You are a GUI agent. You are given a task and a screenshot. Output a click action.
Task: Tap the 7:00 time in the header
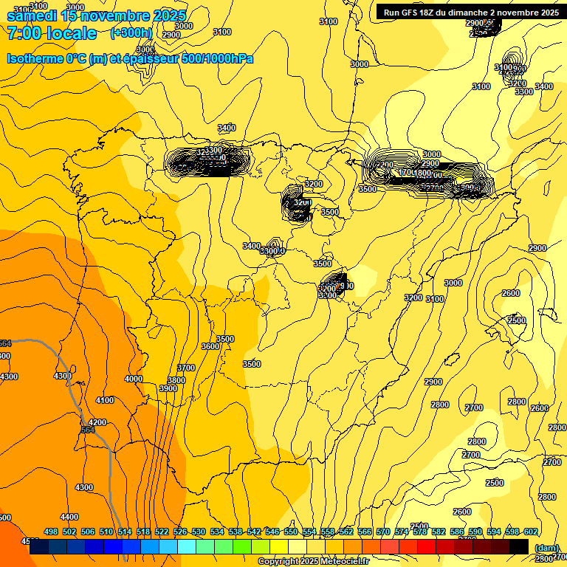[26, 33]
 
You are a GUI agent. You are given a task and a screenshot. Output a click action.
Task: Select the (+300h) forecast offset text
[131, 33]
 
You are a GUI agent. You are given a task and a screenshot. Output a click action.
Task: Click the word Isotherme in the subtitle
[35, 58]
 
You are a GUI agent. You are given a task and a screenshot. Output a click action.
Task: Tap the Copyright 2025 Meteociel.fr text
[313, 562]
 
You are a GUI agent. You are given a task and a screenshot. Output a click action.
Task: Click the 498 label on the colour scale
[51, 532]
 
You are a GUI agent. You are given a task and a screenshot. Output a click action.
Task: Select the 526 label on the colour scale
[180, 532]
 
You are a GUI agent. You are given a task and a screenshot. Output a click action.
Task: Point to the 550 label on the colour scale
[291, 532]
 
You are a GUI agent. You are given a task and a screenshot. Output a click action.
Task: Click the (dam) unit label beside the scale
[546, 547]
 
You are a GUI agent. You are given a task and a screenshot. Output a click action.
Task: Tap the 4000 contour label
[134, 379]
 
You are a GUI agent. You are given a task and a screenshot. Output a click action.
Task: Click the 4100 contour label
[105, 400]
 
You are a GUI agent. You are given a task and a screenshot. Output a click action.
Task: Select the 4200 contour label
[97, 422]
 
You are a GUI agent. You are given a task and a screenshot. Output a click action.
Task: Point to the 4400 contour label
[69, 517]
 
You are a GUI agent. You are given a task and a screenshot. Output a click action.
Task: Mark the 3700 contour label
[186, 368]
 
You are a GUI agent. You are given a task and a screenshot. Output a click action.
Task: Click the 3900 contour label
[168, 388]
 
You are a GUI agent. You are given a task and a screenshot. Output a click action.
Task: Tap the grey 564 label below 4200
[88, 430]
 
